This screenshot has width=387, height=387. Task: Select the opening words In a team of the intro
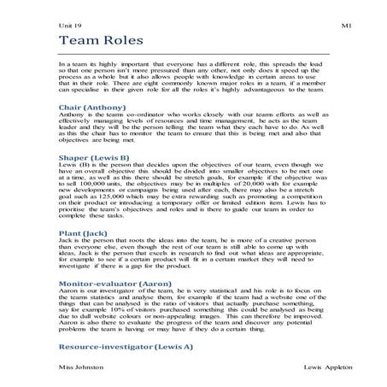point(73,64)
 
